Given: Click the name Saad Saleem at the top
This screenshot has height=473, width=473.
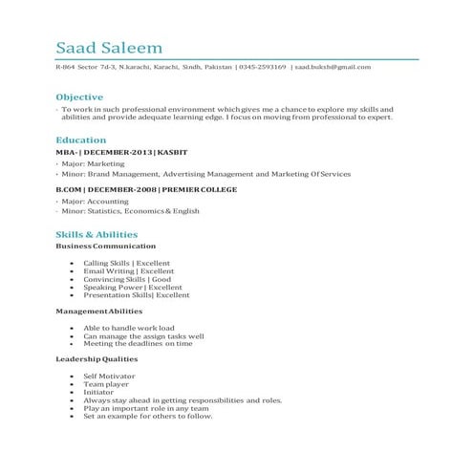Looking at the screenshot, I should [109, 48].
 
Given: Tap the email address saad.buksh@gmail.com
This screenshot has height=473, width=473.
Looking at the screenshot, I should [333, 67].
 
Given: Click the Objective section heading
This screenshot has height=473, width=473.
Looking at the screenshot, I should [79, 97].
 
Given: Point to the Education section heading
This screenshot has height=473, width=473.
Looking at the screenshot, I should [81, 140].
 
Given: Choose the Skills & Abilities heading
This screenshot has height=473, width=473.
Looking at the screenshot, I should [97, 234].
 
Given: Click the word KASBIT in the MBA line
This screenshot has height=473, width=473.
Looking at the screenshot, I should [173, 153].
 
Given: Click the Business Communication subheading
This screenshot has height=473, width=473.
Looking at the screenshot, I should [98, 247].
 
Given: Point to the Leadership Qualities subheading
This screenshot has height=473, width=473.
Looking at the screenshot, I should [97, 358].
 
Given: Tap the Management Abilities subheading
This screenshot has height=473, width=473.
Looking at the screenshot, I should [98, 311].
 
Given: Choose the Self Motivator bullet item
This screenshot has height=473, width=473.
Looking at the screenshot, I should [108, 376].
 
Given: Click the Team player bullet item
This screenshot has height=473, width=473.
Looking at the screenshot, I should [105, 384].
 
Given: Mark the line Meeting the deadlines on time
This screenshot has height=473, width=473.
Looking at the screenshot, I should [138, 343].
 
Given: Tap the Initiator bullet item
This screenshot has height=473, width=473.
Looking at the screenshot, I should [98, 392].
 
